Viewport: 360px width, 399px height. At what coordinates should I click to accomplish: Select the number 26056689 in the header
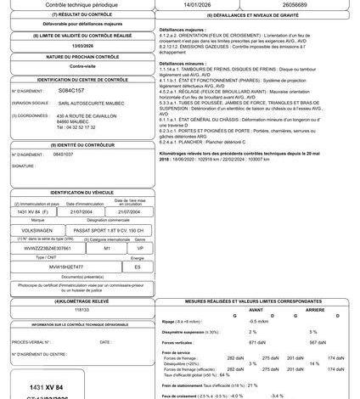(303, 4)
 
